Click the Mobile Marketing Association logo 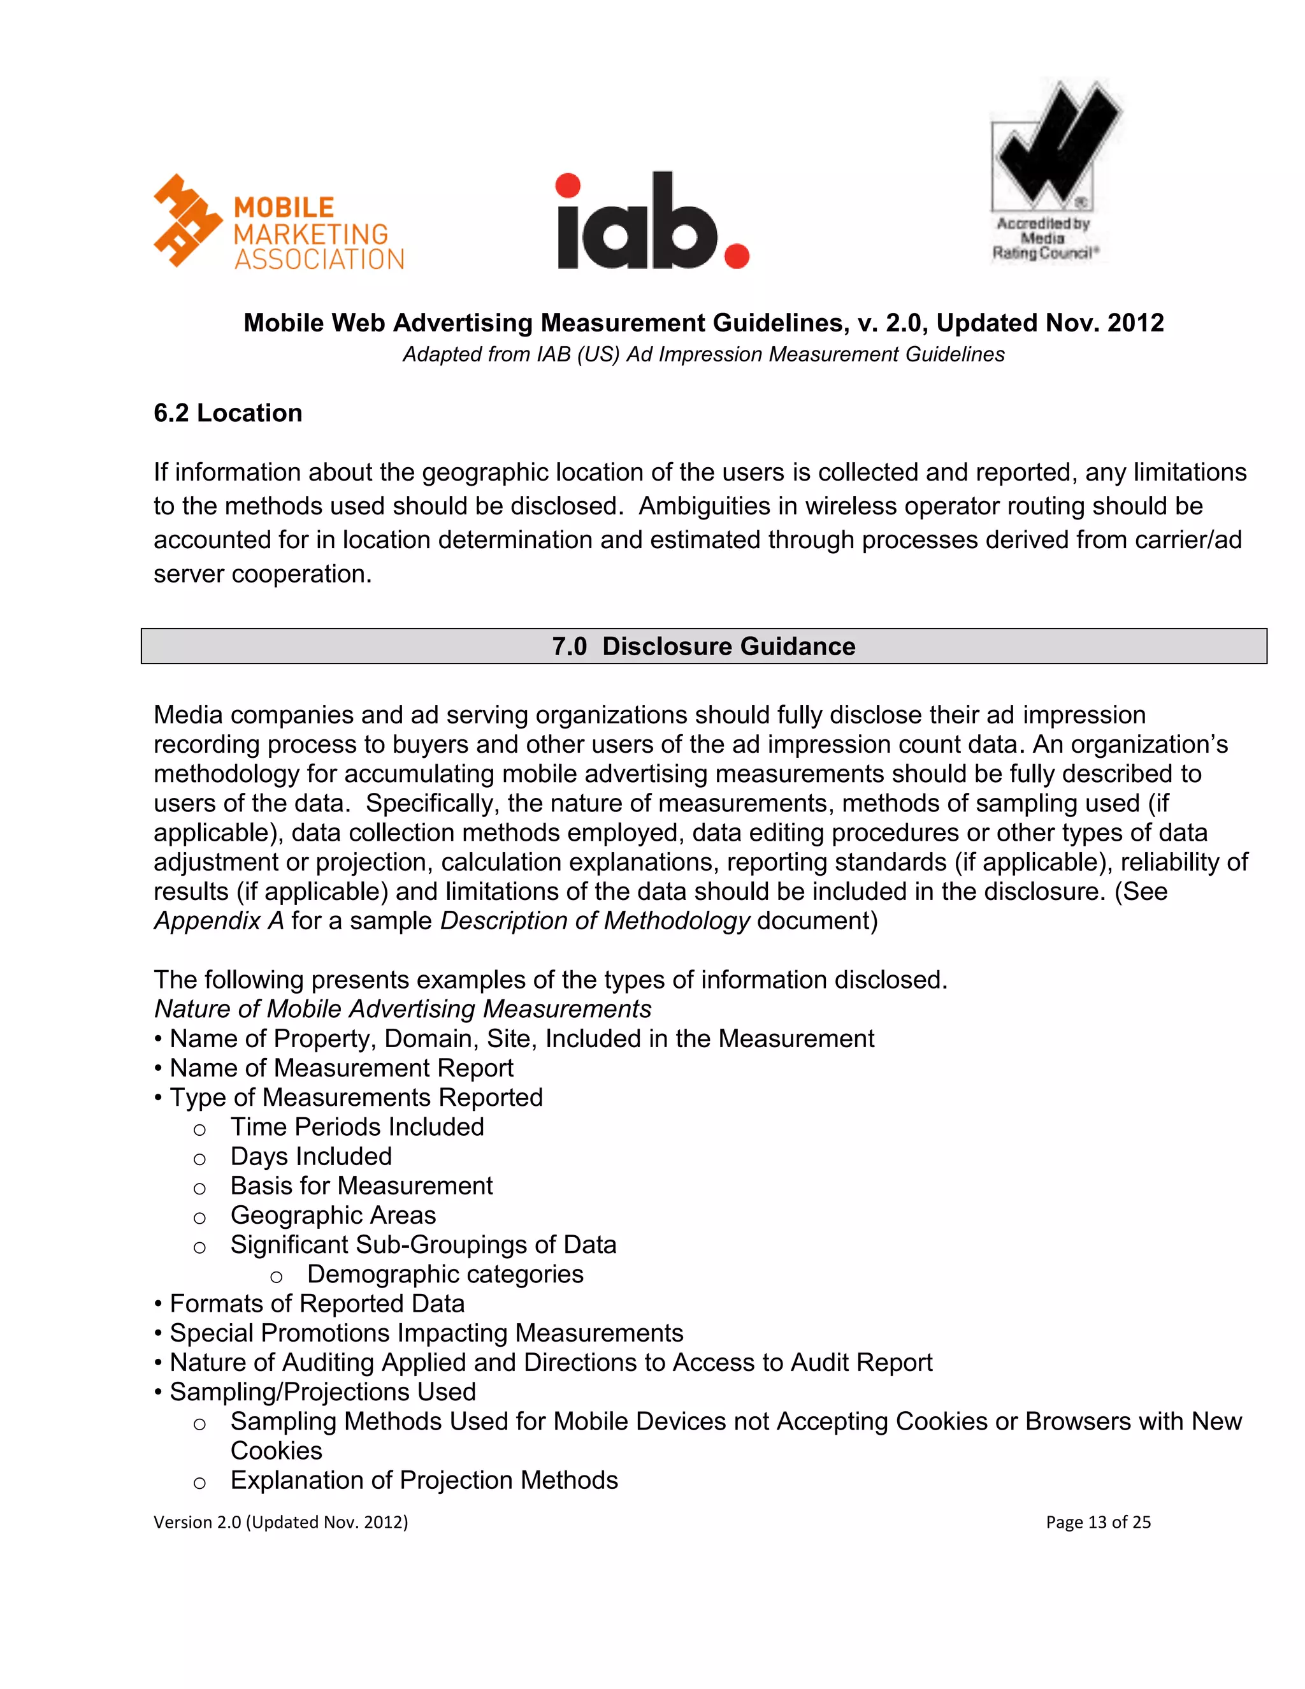pyautogui.click(x=278, y=222)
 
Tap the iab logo pyautogui.click(x=652, y=222)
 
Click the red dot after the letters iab pyautogui.click(x=737, y=255)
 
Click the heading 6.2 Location pyautogui.click(x=227, y=413)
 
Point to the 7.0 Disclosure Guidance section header pyautogui.click(x=703, y=646)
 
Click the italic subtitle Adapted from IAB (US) pyautogui.click(x=703, y=354)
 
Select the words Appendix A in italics pyautogui.click(x=219, y=921)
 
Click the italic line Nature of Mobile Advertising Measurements pyautogui.click(x=402, y=1009)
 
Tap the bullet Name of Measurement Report pyautogui.click(x=341, y=1068)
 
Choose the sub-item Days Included pyautogui.click(x=311, y=1156)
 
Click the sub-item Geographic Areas pyautogui.click(x=333, y=1215)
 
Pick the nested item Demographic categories pyautogui.click(x=445, y=1273)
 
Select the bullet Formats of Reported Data pyautogui.click(x=317, y=1303)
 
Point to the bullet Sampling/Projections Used pyautogui.click(x=322, y=1391)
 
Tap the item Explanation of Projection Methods pyautogui.click(x=424, y=1479)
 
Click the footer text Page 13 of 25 pyautogui.click(x=1098, y=1522)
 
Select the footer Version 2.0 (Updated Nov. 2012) pyautogui.click(x=280, y=1522)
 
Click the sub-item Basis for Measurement pyautogui.click(x=361, y=1185)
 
